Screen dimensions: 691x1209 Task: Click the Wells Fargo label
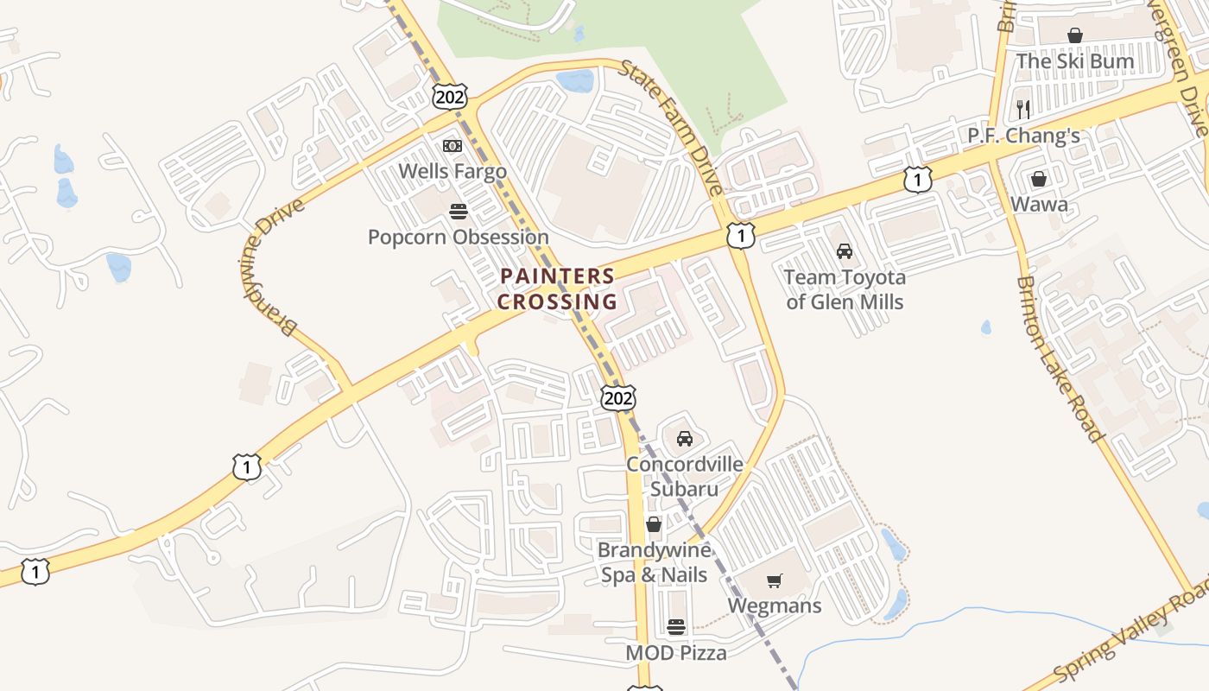tap(453, 171)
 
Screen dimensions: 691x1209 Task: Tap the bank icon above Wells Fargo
tap(453, 146)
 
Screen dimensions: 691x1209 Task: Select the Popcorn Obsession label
tap(458, 237)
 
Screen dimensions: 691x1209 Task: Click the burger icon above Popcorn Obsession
tap(458, 212)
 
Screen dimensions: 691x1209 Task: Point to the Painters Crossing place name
tap(557, 289)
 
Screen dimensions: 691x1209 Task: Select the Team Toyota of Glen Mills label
tap(845, 289)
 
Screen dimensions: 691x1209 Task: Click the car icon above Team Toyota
tap(845, 251)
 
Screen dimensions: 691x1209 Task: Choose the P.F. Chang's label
tap(1023, 136)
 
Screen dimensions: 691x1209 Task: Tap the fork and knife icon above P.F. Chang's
tap(1023, 109)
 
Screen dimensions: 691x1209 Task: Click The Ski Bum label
tap(1074, 61)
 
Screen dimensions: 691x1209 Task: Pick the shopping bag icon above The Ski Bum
tap(1075, 35)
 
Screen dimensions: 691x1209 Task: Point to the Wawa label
tap(1039, 205)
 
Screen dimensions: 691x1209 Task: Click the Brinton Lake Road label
tap(1060, 358)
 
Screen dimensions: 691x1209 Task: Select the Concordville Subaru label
tap(684, 476)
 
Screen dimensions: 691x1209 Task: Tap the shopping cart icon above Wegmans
tap(775, 580)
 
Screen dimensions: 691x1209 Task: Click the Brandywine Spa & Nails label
tap(654, 562)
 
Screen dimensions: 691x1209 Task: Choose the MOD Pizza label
tap(676, 653)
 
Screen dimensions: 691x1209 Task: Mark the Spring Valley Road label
tap(1131, 636)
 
